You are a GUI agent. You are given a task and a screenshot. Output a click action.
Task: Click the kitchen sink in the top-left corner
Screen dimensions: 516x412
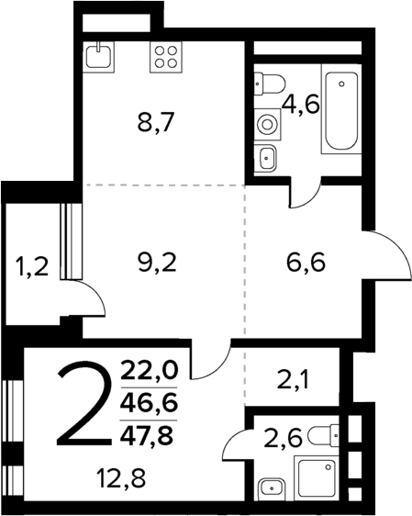pos(98,58)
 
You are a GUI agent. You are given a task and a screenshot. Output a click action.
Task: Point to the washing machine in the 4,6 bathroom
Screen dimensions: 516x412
pos(268,122)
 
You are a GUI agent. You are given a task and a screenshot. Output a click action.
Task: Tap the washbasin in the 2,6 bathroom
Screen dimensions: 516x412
pos(270,487)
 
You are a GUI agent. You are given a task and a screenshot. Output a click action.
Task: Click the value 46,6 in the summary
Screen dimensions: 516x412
pos(154,401)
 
